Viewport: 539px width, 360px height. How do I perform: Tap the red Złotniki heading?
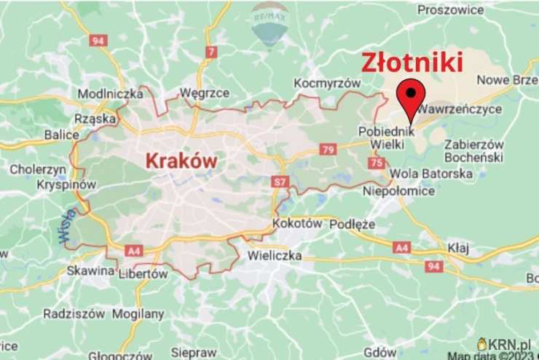tap(412, 63)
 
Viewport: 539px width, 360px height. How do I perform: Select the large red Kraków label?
tap(181, 160)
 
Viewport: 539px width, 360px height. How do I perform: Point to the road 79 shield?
tap(327, 149)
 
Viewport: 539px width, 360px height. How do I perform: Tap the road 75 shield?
tap(376, 163)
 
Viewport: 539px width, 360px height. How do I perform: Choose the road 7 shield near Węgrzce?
tap(211, 52)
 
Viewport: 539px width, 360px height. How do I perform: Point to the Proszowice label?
tap(451, 10)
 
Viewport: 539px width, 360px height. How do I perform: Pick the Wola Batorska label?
tap(431, 174)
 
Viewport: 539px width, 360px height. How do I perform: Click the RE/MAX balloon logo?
tap(269, 23)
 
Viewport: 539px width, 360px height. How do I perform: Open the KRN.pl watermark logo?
tap(508, 343)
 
